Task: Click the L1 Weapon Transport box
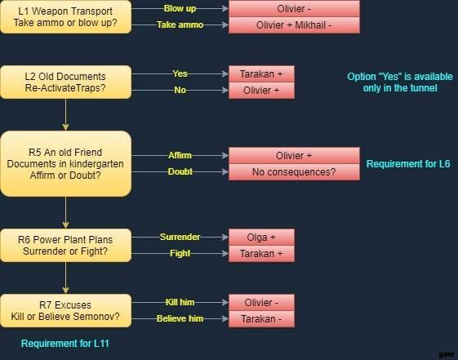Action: pos(66,17)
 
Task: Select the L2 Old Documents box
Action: pos(66,82)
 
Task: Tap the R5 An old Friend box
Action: pos(66,164)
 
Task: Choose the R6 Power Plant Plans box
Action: pos(66,245)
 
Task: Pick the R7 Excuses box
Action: pos(66,311)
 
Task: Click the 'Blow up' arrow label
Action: pos(180,8)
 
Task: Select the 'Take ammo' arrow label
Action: pos(180,24)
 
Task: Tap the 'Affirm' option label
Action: pos(180,155)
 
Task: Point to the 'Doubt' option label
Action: pos(180,171)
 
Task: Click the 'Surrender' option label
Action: pos(180,237)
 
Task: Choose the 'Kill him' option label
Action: pos(180,302)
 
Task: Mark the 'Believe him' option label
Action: pos(180,318)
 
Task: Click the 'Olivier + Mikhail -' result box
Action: pos(294,25)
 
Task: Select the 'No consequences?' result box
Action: pos(294,172)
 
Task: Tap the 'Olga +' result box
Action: pos(261,237)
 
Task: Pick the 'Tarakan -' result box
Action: pos(261,319)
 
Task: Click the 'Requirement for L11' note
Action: pos(65,344)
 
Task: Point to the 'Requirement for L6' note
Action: pos(408,164)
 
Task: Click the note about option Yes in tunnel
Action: pos(400,82)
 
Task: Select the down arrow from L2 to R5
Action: pos(66,115)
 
